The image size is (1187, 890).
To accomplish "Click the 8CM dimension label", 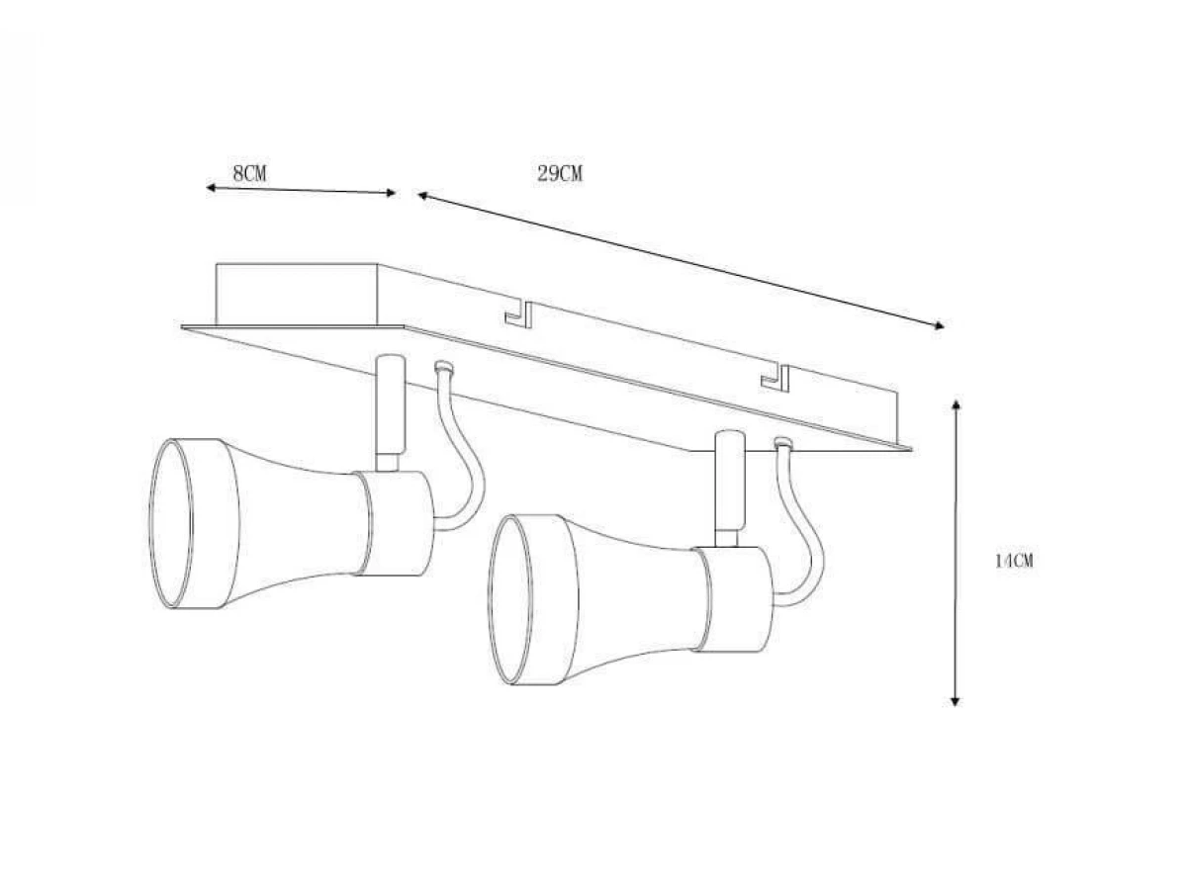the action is (249, 173).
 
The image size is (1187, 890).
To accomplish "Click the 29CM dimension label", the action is (560, 173).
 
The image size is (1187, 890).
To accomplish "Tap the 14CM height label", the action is (1014, 561).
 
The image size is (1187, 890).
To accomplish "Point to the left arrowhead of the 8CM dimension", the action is (211, 188).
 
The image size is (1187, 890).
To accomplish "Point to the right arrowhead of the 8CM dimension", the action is (391, 193).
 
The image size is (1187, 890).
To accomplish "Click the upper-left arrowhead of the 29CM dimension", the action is (422, 196).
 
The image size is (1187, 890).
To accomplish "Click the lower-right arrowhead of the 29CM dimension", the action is (940, 325).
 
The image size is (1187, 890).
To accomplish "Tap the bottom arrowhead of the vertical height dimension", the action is (955, 701).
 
